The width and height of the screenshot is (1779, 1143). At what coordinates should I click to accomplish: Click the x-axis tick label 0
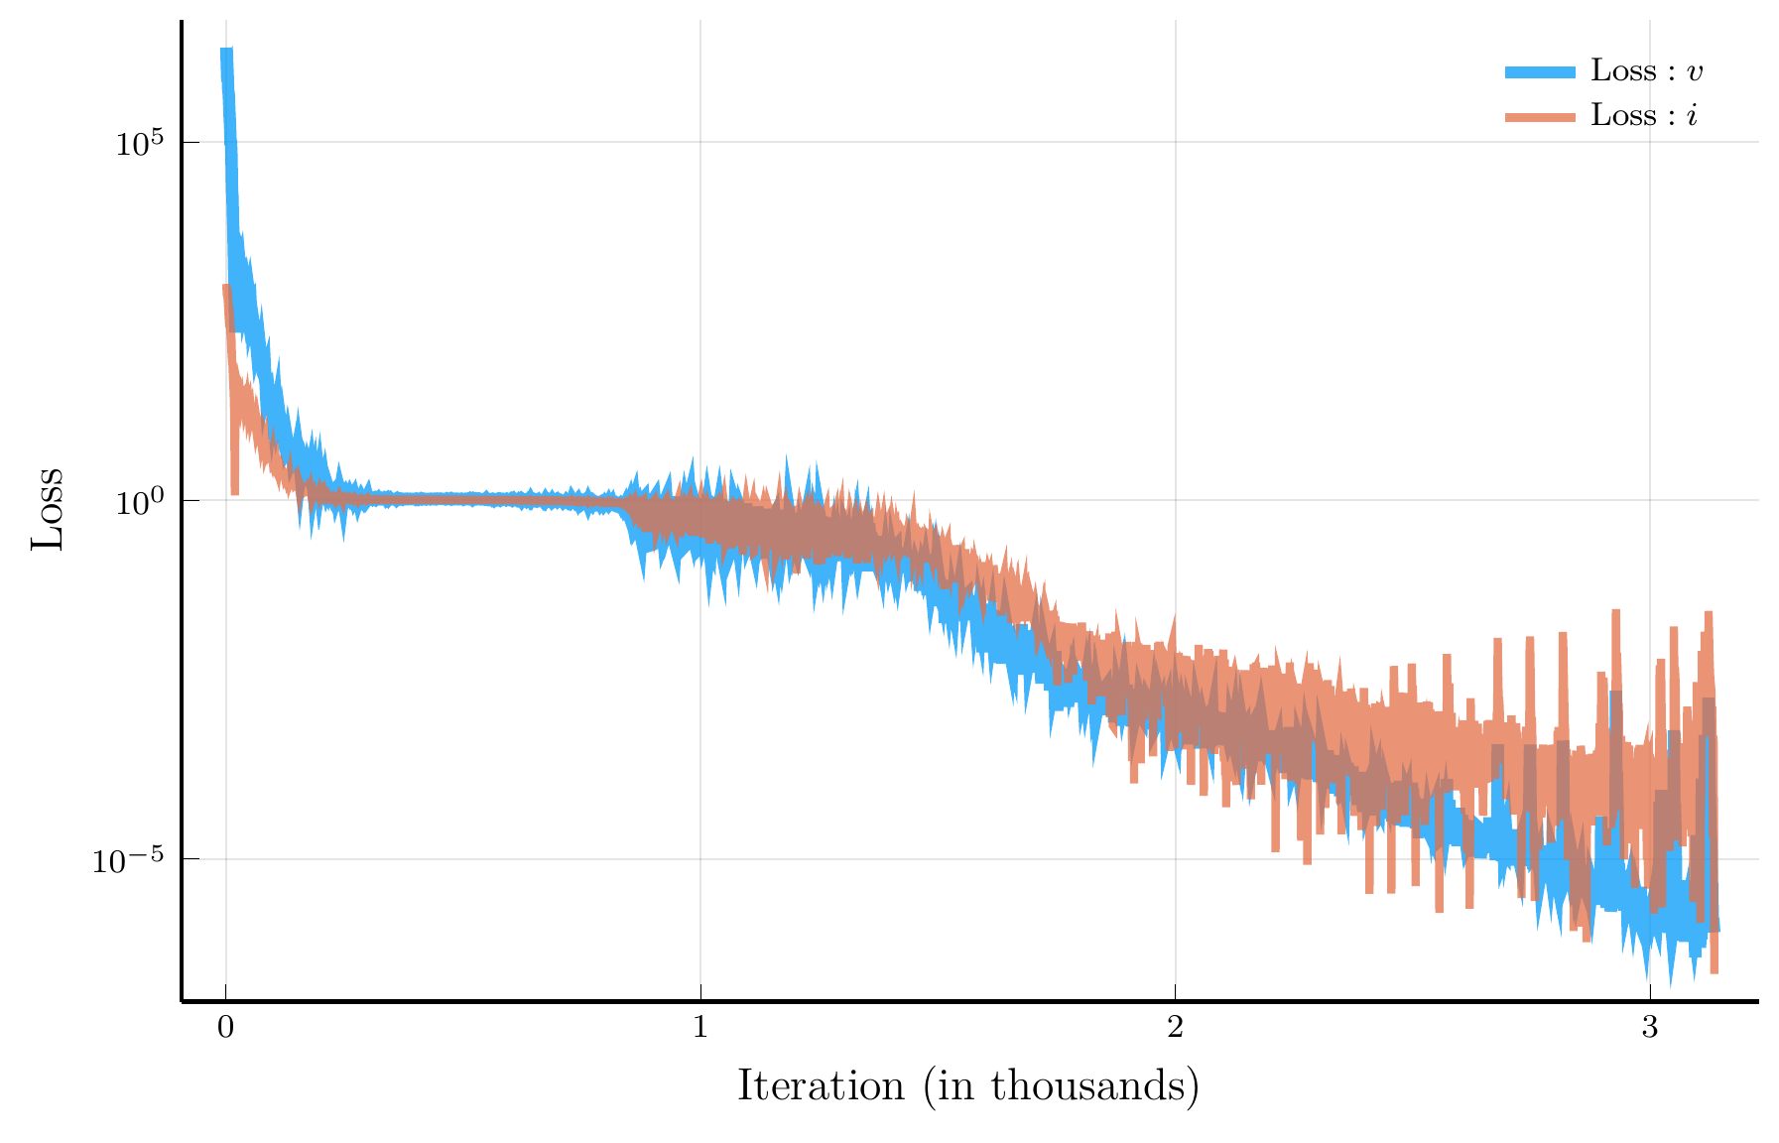pos(225,1028)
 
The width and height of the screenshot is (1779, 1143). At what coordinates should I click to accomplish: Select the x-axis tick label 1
pos(700,1028)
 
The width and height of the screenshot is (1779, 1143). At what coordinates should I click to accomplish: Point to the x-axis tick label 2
pos(1175,1028)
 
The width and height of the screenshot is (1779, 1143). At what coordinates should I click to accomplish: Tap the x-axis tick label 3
pos(1650,1028)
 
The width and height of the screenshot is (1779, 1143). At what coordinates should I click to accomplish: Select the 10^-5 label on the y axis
pos(128,860)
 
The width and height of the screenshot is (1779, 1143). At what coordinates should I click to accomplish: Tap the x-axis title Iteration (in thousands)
pos(968,1086)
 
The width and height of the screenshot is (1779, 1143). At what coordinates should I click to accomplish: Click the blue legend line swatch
pos(1540,71)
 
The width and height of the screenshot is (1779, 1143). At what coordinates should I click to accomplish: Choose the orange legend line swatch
pos(1540,117)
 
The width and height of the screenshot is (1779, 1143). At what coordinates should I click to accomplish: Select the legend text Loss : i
pos(1644,116)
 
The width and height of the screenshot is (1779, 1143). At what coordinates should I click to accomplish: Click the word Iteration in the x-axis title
pos(821,1085)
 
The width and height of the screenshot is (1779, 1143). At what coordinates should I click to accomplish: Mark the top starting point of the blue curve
pos(226,50)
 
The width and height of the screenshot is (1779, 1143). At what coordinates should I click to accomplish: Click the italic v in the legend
pos(1696,72)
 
